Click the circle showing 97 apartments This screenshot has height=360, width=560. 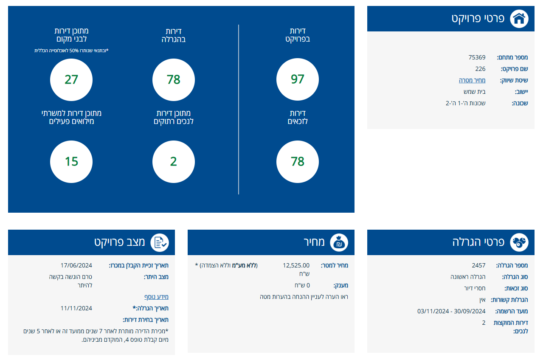click(x=297, y=79)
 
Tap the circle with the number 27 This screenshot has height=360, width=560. click(x=71, y=79)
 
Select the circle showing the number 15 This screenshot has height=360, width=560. click(x=71, y=162)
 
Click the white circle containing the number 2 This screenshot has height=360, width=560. click(x=173, y=162)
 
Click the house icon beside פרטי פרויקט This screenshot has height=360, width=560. click(x=519, y=19)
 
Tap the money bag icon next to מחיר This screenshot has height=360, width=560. click(x=339, y=242)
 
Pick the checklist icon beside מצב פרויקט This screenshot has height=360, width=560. click(x=159, y=242)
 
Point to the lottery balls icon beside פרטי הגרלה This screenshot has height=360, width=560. click(x=519, y=242)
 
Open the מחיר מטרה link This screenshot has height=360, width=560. click(x=472, y=80)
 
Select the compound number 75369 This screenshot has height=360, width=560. click(x=477, y=57)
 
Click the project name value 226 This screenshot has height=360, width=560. click(x=480, y=69)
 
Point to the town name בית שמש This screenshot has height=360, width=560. click(x=474, y=92)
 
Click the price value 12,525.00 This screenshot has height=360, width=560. click(x=296, y=265)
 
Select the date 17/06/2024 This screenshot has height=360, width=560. click(x=76, y=265)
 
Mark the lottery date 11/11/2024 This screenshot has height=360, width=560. click(x=76, y=308)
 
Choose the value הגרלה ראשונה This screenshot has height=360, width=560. click(x=468, y=277)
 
